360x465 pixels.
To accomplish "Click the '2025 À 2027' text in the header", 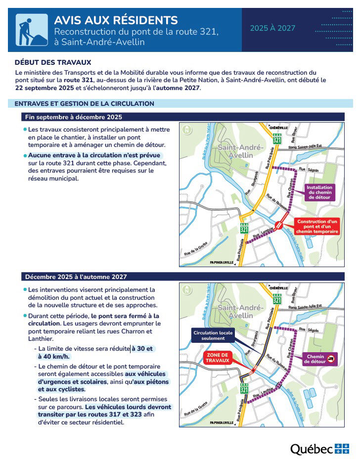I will pos(272,28).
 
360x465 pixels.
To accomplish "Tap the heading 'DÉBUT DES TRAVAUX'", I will pos(53,62).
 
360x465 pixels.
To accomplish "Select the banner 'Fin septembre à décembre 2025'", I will pos(74,117).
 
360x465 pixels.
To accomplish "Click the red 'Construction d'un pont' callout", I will pos(316,226).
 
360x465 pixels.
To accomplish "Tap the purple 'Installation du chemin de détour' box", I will pos(319,192).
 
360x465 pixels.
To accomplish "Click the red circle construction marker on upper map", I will pos(279,225).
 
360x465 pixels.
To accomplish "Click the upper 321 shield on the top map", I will pos(276,139).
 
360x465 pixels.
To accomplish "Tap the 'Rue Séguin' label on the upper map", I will pos(313,170).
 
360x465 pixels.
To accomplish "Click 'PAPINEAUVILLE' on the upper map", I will pos(222,262).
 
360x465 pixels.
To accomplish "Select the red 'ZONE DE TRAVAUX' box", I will pos(217,358).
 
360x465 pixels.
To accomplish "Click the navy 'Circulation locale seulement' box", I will pos(213,335).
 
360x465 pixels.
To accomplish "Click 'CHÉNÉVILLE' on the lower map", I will pos(278,287).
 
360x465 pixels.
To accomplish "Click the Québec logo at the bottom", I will pos(319,449).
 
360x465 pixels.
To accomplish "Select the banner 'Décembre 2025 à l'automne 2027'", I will pos(76,277).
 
